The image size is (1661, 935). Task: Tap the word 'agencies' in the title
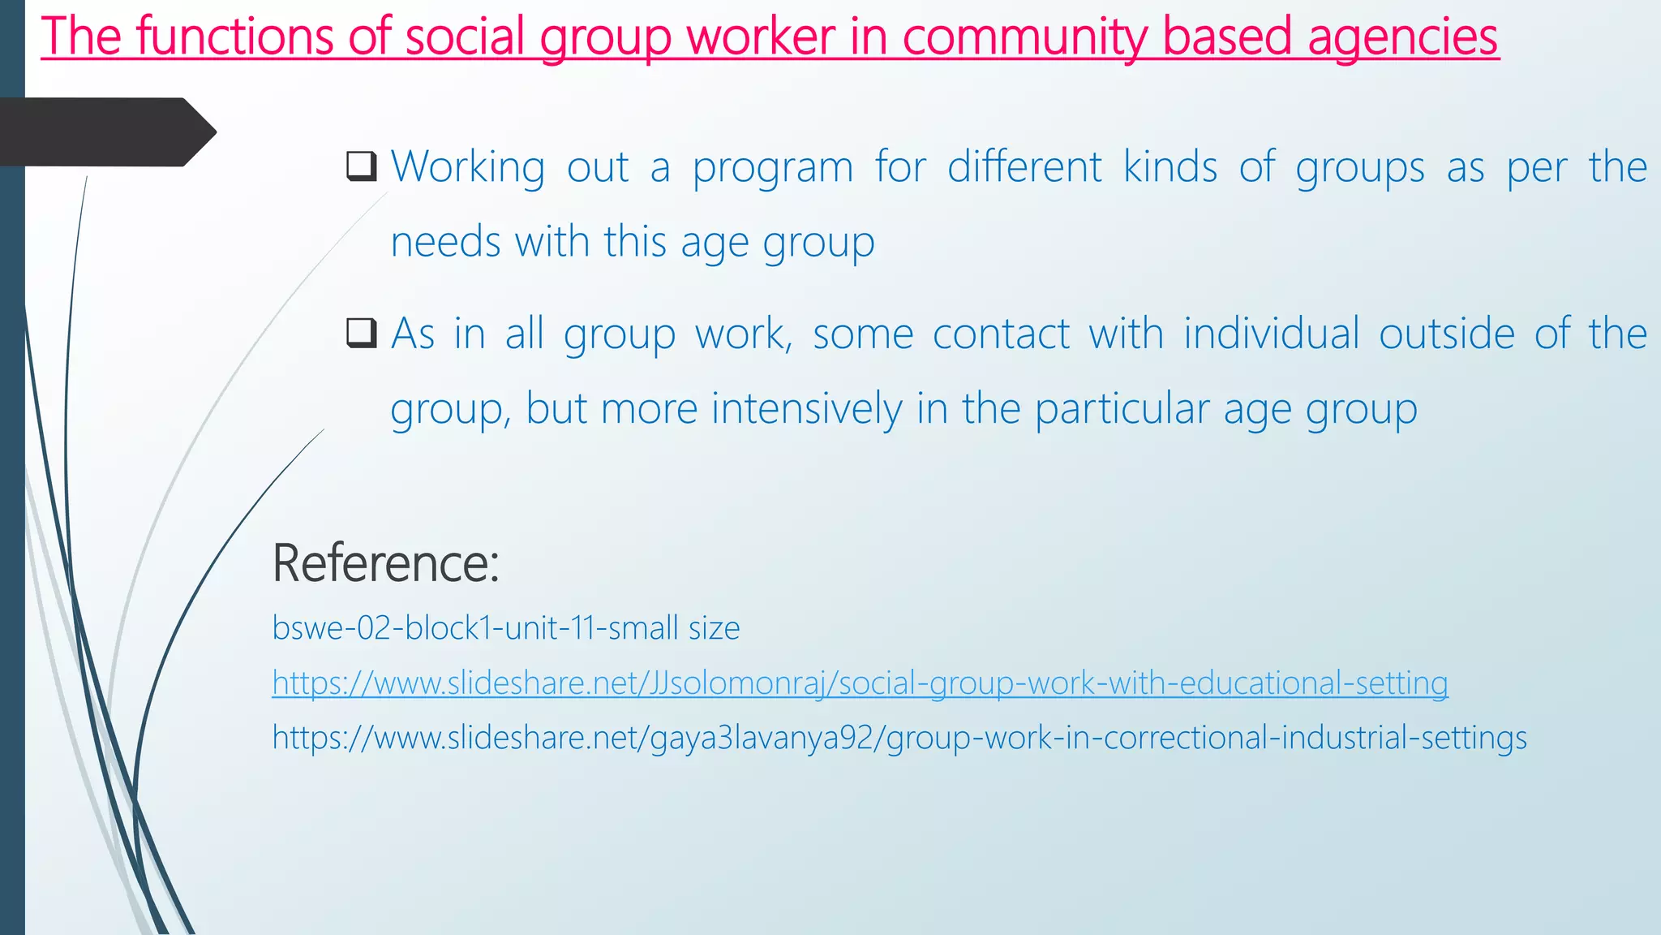point(1402,38)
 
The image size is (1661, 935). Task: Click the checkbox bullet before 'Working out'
point(361,166)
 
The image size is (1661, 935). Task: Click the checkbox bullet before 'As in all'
point(361,333)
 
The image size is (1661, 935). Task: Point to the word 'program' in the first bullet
point(772,169)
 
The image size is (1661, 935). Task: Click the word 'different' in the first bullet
point(1024,167)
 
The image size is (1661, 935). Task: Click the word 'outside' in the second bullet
point(1446,334)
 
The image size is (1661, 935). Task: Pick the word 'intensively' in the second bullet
point(806,408)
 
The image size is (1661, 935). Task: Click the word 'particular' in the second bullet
point(1122,409)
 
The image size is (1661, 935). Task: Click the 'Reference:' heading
point(385,562)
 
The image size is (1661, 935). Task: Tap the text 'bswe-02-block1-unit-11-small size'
point(505,628)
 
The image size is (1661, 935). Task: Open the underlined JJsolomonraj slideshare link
point(860,683)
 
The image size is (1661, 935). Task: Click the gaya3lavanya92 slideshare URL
point(899,738)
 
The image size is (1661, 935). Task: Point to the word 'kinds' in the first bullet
point(1170,167)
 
